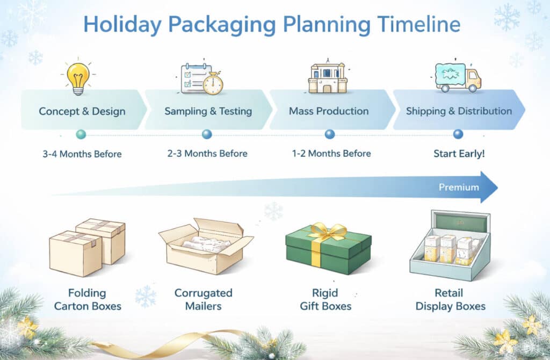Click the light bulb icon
tap(78, 78)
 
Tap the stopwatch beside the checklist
tap(213, 83)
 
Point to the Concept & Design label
tap(82, 111)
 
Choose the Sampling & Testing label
tap(208, 111)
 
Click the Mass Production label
tap(329, 111)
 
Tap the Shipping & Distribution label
tap(459, 111)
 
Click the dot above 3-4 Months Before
tap(81, 134)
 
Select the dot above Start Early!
tap(458, 134)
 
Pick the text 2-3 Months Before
tap(207, 153)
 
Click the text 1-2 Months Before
tap(331, 153)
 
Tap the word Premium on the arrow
tap(459, 187)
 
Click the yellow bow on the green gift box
tap(328, 232)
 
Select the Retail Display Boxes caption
tap(451, 299)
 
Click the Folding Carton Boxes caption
tap(88, 299)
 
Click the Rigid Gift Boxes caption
tap(325, 299)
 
